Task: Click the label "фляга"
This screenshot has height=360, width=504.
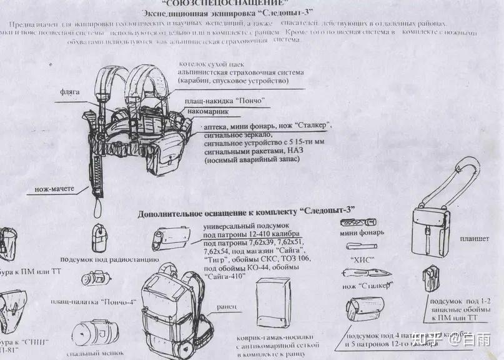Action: [71, 91]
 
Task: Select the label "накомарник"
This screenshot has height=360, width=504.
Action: [210, 111]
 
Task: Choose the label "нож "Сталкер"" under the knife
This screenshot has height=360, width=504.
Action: [367, 286]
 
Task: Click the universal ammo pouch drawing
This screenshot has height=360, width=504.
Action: [170, 239]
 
